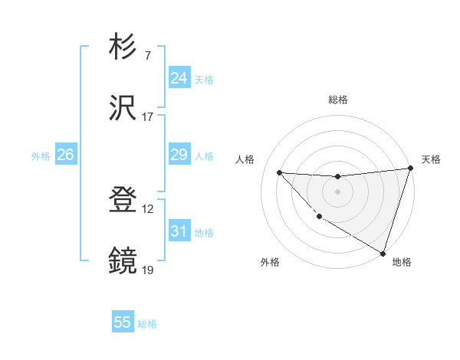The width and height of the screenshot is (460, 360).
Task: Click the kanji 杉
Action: [x=123, y=47]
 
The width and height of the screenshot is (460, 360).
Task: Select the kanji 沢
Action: [x=123, y=108]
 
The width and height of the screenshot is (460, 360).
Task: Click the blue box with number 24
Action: [x=179, y=78]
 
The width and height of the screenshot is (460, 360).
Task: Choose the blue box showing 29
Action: [x=179, y=155]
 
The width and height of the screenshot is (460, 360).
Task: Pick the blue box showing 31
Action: [x=179, y=231]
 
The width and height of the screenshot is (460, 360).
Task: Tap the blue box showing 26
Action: [x=65, y=155]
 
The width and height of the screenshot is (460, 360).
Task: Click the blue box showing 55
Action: [x=123, y=322]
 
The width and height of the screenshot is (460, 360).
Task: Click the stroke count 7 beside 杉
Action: [x=148, y=56]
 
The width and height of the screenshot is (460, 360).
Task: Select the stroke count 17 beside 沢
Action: [x=148, y=117]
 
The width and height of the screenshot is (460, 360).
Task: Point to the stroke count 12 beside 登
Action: [x=149, y=209]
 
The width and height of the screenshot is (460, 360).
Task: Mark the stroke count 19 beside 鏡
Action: [x=149, y=270]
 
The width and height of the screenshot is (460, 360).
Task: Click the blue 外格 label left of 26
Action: [x=41, y=155]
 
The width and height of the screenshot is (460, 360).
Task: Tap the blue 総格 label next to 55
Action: [x=147, y=324]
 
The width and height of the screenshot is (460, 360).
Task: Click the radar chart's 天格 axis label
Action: [x=431, y=159]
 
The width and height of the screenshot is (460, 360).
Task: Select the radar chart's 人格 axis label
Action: [x=245, y=159]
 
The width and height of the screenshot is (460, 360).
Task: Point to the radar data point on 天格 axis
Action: [x=410, y=169]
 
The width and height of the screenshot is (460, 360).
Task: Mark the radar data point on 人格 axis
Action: [x=279, y=172]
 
